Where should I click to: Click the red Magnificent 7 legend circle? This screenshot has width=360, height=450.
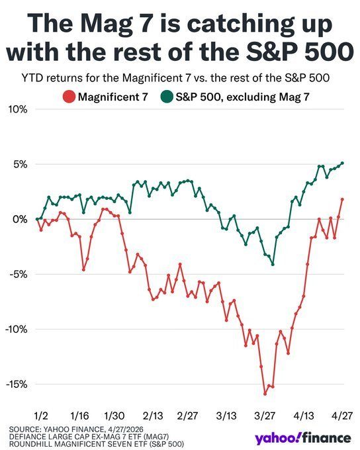pyautogui.click(x=69, y=97)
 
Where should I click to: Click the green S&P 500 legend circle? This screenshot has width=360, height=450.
pyautogui.click(x=167, y=97)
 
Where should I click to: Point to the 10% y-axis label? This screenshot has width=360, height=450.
pyautogui.click(x=18, y=109)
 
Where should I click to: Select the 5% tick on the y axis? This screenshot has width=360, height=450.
pyautogui.click(x=20, y=164)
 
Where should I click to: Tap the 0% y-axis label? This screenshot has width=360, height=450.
pyautogui.click(x=20, y=219)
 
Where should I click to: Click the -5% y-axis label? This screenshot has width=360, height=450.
pyautogui.click(x=18, y=275)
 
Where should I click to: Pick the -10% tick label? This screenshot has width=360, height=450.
pyautogui.click(x=16, y=329)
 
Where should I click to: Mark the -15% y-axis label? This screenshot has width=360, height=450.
pyautogui.click(x=17, y=384)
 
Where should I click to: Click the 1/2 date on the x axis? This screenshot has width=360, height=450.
pyautogui.click(x=41, y=416)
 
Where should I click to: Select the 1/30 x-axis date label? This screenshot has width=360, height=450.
pyautogui.click(x=114, y=416)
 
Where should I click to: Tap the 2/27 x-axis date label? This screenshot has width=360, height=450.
pyautogui.click(x=187, y=416)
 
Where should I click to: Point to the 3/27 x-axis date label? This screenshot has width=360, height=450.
pyautogui.click(x=265, y=416)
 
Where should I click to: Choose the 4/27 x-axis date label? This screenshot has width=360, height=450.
pyautogui.click(x=341, y=416)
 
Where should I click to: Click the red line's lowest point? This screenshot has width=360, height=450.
pyautogui.click(x=265, y=394)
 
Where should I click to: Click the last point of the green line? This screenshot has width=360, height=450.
pyautogui.click(x=342, y=163)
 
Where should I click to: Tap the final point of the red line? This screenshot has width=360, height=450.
pyautogui.click(x=342, y=199)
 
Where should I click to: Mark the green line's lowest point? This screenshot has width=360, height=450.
pyautogui.click(x=273, y=264)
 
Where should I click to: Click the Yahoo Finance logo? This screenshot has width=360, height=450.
pyautogui.click(x=303, y=438)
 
